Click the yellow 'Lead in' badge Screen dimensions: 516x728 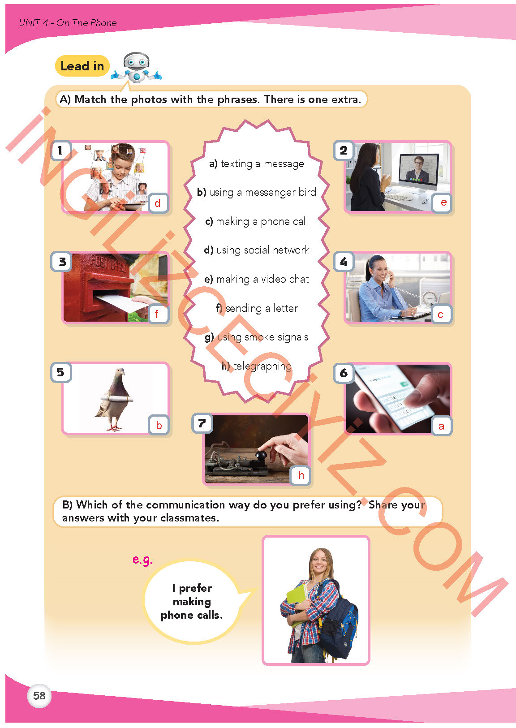point(82,66)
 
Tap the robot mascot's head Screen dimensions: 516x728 point(137,61)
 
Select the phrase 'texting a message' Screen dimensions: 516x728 point(256,164)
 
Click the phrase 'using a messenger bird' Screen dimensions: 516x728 point(256,192)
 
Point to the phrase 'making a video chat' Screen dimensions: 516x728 point(256,279)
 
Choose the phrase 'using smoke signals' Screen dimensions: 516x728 point(256,337)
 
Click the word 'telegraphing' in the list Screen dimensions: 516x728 point(262,366)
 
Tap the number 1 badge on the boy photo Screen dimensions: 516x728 point(61,151)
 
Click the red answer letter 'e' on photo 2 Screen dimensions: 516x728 point(443,202)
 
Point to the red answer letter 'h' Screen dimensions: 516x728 point(301,475)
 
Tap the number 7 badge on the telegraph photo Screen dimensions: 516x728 point(202,423)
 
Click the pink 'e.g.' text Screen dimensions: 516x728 point(142,559)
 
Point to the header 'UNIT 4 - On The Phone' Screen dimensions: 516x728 point(68,23)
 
